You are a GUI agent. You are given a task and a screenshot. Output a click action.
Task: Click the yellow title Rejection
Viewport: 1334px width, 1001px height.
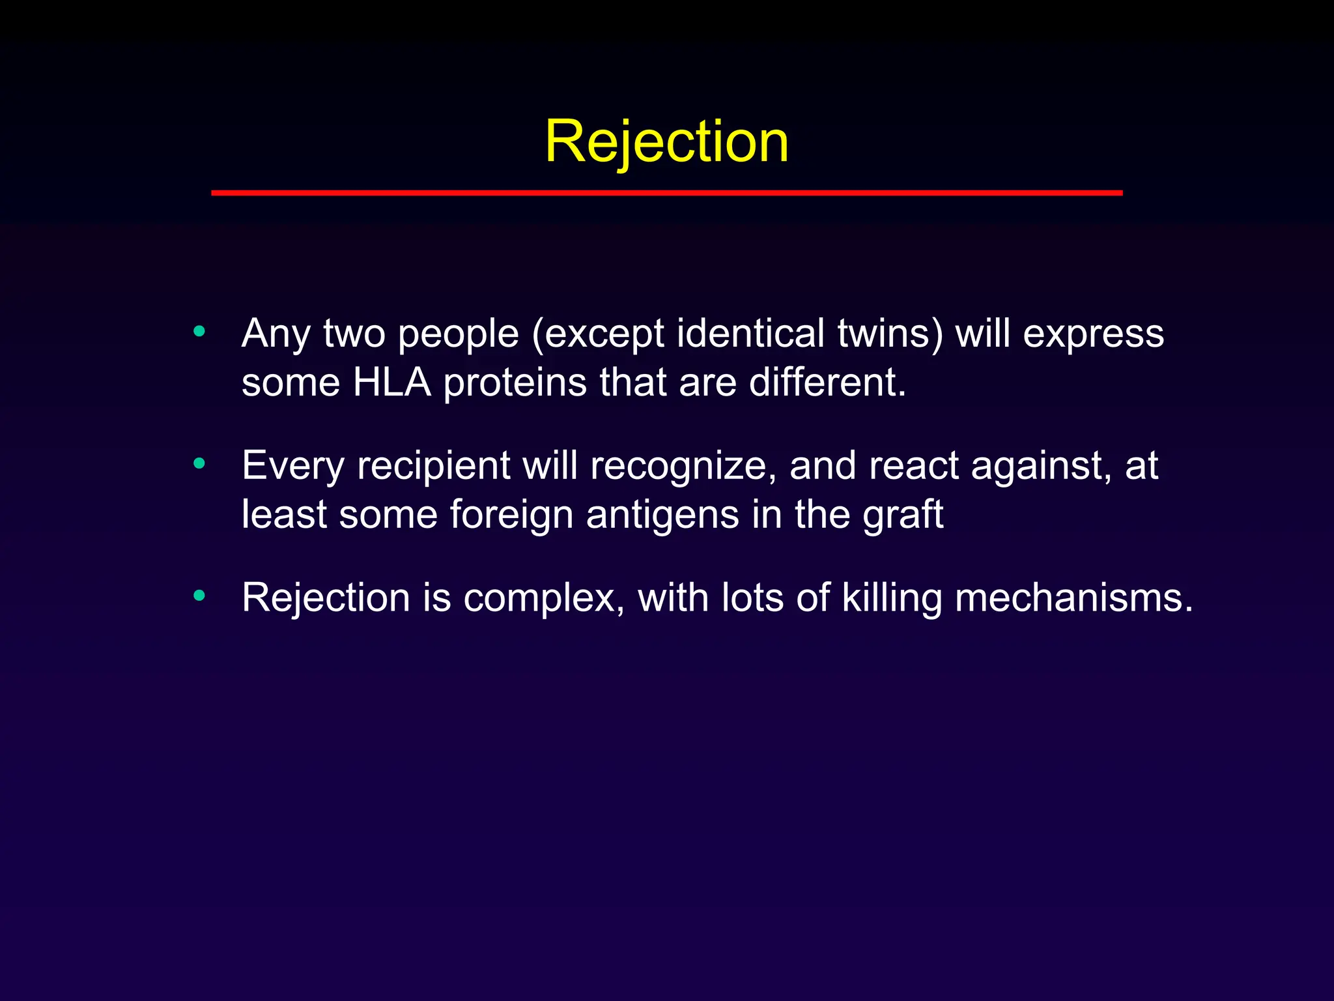coord(666,141)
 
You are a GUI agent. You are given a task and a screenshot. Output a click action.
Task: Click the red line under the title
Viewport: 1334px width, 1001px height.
coord(666,193)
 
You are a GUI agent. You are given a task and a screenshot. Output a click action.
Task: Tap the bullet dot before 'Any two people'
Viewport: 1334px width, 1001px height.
coord(199,331)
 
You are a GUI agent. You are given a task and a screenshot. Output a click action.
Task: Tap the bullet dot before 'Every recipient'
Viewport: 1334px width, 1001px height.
coord(199,463)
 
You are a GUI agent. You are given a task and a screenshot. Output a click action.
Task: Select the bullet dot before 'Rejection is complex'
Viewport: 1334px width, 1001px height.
coord(199,595)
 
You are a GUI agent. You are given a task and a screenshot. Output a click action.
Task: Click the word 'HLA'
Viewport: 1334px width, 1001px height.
coord(391,382)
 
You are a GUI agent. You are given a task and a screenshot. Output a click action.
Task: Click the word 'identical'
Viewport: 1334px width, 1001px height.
coord(751,334)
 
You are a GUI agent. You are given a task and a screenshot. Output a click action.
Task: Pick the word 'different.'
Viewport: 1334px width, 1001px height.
coord(827,382)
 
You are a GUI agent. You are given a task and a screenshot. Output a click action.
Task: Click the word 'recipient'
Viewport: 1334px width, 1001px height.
coord(434,467)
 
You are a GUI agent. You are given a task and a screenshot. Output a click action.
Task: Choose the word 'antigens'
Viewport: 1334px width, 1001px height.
coord(662,515)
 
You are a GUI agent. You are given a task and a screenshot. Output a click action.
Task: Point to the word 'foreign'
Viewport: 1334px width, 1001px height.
coord(511,515)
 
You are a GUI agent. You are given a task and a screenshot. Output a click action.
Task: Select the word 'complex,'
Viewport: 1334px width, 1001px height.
coord(544,598)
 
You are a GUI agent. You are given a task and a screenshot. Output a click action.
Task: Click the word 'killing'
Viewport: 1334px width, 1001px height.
coord(892,598)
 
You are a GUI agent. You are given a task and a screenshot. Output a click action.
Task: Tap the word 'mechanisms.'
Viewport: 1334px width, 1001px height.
coord(1073,598)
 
